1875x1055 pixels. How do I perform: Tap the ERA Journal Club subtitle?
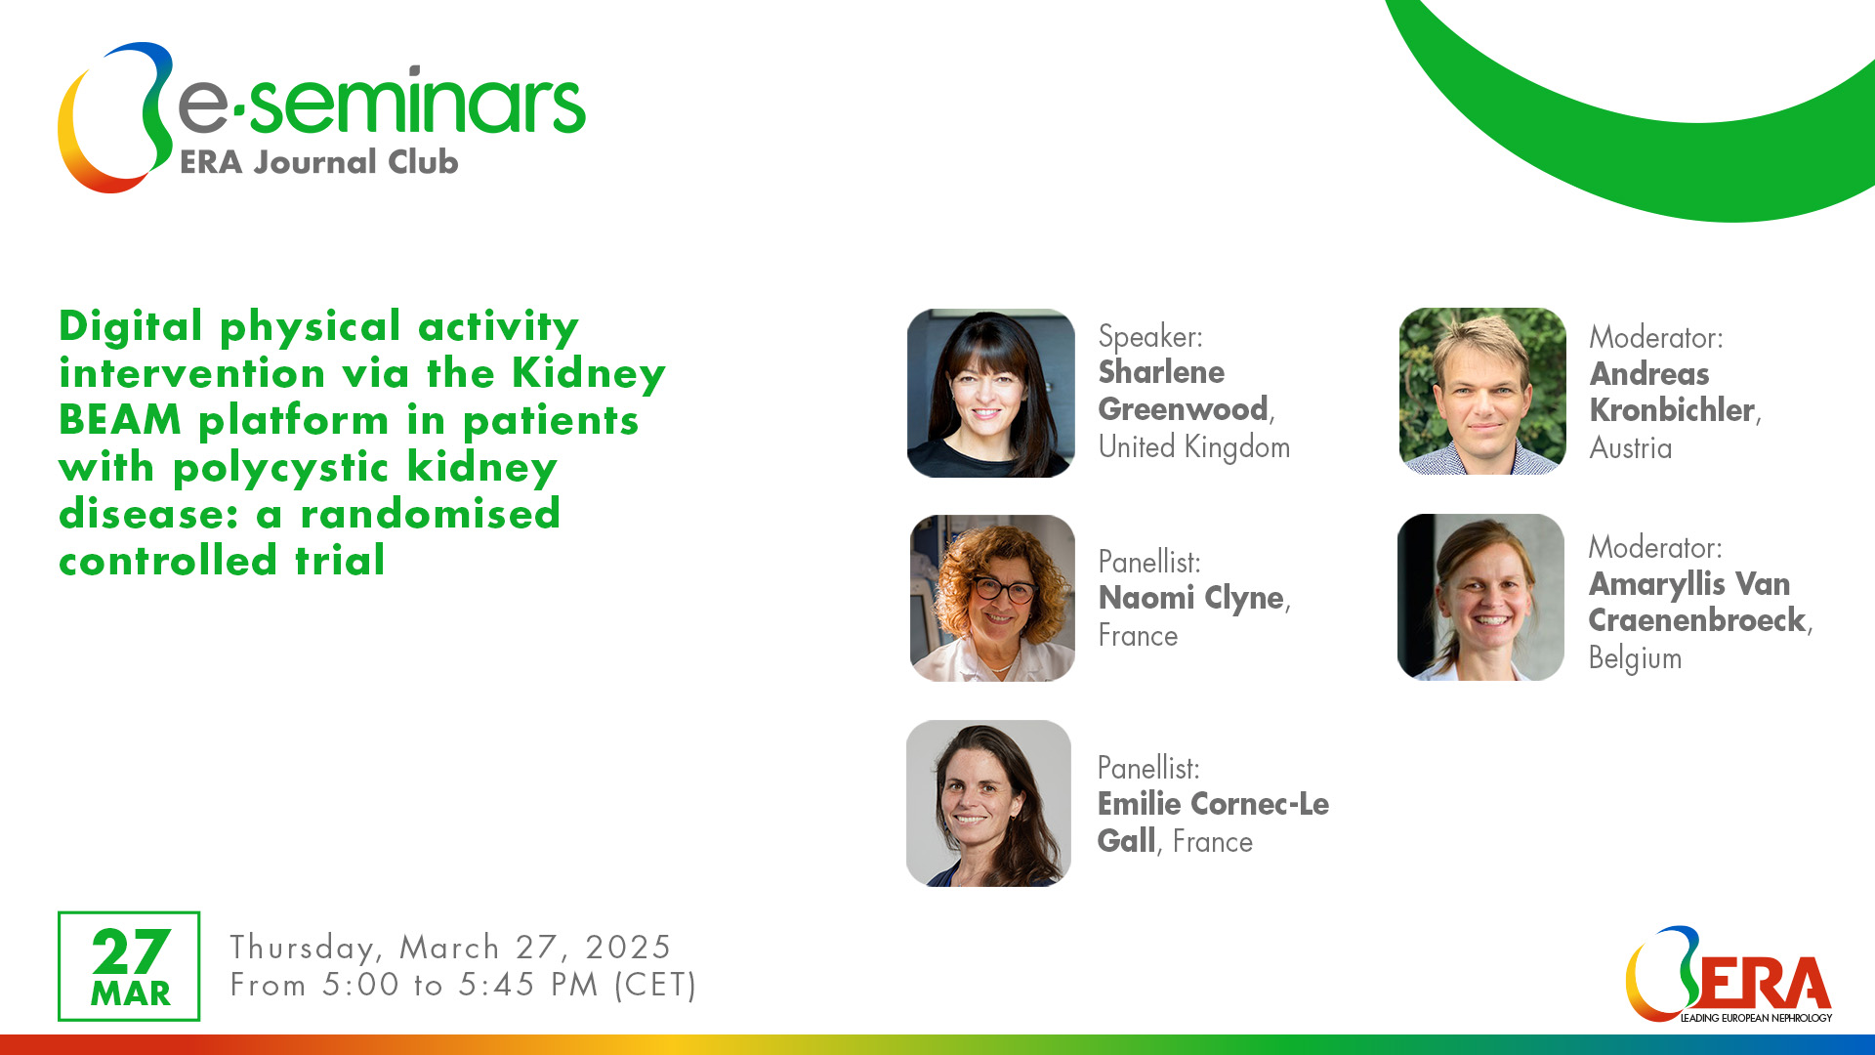pos(318,162)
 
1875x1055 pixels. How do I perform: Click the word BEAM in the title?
pos(120,420)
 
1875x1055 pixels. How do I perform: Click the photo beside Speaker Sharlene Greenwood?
pos(990,393)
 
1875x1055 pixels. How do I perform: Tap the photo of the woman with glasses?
pos(992,598)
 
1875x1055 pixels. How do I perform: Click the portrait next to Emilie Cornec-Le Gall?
pos(988,803)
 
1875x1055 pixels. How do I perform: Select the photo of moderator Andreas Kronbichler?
pos(1481,392)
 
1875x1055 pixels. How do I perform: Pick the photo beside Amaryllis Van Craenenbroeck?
pos(1480,597)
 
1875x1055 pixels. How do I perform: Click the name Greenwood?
pos(1183,409)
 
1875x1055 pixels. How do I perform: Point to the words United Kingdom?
pos(1193,447)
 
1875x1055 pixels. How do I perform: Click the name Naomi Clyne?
pos(1190,598)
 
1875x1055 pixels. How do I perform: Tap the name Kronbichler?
pos(1672,410)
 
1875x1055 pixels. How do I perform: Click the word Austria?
pos(1630,448)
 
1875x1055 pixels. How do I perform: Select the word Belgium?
pos(1635,658)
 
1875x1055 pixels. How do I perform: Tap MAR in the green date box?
pos(131,994)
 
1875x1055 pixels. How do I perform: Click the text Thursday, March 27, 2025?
pos(450,948)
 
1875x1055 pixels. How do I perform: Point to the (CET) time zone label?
pos(654,985)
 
